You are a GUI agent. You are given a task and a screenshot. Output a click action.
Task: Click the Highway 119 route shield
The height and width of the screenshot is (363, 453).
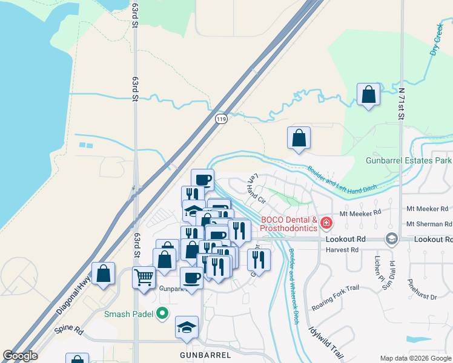tap(222, 119)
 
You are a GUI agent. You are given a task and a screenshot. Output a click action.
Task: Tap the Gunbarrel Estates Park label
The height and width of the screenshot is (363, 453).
tap(409, 161)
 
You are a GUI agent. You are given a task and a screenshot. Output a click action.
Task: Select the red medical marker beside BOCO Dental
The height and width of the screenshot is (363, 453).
tap(326, 223)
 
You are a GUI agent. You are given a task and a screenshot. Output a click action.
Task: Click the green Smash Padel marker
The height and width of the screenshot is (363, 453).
tap(162, 313)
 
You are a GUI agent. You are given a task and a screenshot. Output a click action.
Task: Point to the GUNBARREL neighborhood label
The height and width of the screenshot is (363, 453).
tap(203, 354)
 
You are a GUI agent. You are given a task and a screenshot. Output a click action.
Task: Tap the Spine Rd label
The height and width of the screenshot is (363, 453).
tap(68, 330)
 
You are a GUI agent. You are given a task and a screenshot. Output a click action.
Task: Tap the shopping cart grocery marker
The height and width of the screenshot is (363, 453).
tap(144, 278)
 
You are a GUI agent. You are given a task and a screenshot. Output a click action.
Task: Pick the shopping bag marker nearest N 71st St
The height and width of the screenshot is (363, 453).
tap(368, 94)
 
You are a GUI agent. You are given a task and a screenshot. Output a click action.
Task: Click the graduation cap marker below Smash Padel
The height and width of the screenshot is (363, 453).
tap(187, 327)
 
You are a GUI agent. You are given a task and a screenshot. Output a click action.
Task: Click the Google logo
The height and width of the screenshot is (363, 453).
tap(20, 356)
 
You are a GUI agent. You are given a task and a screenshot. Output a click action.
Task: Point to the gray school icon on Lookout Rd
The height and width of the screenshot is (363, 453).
tap(391, 239)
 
